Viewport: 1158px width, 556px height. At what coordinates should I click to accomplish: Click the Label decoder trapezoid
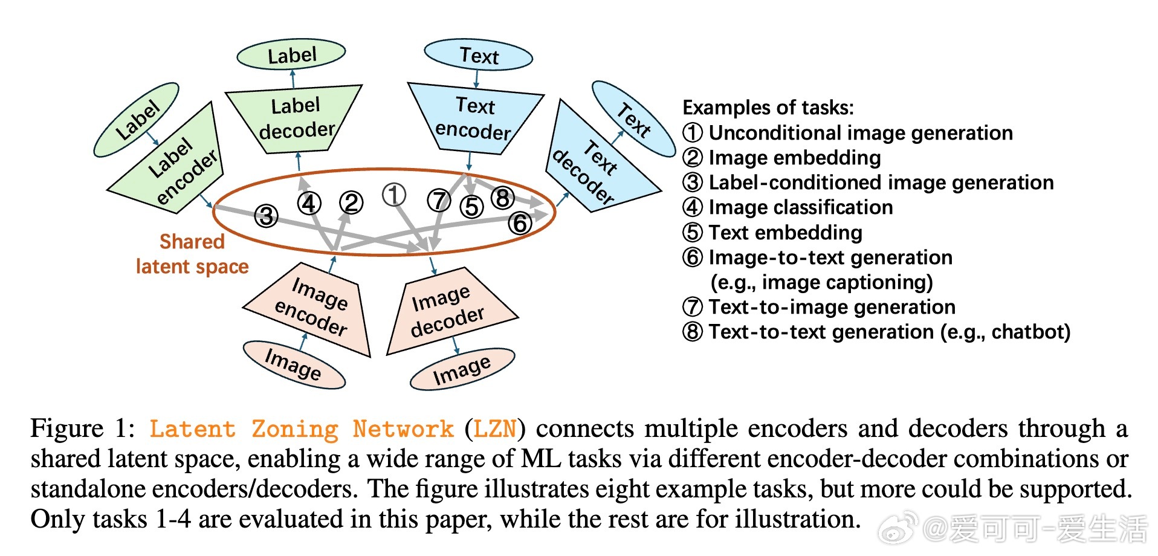coord(294,118)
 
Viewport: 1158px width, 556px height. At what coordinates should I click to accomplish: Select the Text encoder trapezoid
coord(475,118)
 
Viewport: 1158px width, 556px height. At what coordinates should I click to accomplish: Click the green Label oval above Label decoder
coord(291,55)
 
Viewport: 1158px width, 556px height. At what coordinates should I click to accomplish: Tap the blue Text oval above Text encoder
coord(479,56)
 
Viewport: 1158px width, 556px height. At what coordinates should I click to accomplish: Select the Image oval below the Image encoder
coord(294,364)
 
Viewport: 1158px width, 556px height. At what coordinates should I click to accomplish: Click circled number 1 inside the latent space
coord(393,195)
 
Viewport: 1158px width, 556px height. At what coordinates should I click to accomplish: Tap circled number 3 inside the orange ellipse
coord(266,215)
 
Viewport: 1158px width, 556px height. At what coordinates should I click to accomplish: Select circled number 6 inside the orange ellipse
coord(520,222)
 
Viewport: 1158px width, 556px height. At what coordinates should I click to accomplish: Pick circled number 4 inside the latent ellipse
coord(309,203)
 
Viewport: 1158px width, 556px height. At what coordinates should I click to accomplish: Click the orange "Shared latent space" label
coord(192,254)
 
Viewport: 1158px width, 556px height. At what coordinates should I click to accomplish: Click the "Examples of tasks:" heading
coord(768,108)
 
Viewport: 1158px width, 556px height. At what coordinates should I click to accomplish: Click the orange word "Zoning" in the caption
coord(295,429)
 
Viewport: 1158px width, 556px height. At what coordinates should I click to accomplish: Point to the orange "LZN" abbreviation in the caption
coord(495,429)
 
